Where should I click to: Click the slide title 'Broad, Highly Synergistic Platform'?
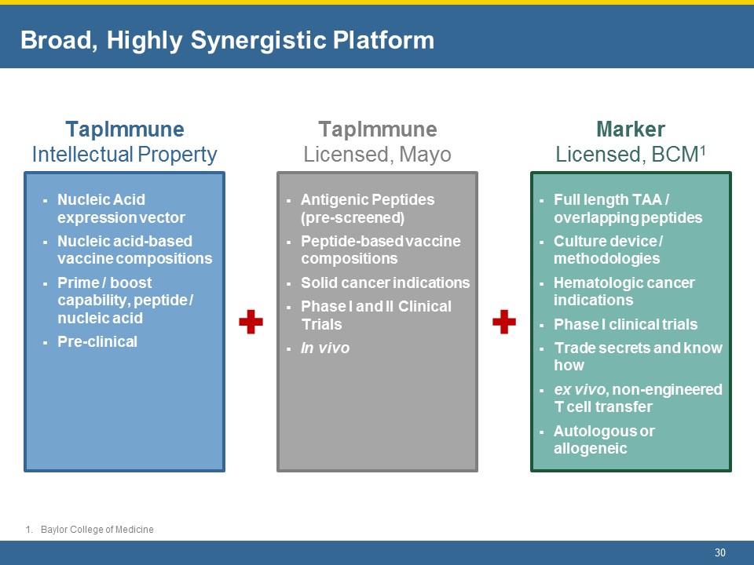click(227, 40)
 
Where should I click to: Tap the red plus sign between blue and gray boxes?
click(251, 322)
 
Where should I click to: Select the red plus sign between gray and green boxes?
click(503, 322)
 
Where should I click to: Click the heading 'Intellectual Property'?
click(124, 155)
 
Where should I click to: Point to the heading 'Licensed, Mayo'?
click(377, 155)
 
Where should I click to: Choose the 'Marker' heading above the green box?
click(631, 129)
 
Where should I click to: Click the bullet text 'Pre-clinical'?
click(97, 341)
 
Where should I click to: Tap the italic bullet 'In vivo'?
click(325, 348)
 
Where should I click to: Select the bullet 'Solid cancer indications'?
click(385, 282)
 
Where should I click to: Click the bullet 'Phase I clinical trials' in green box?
click(625, 324)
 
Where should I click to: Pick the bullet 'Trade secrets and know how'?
click(637, 356)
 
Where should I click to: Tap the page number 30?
click(719, 552)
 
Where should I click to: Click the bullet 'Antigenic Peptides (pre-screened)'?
click(368, 208)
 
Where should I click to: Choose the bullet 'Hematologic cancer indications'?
click(624, 291)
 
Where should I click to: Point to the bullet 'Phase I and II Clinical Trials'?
click(375, 315)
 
